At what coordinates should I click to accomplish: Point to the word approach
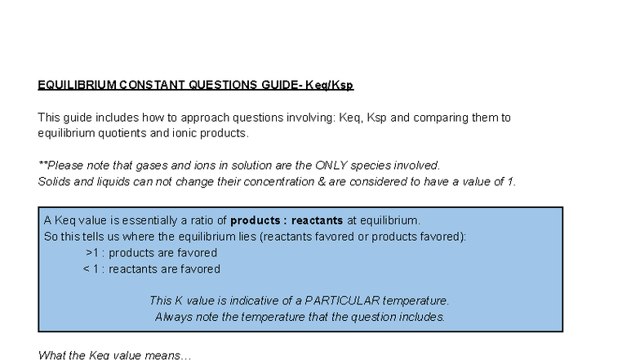pyautogui.click(x=182, y=118)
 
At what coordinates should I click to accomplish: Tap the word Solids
pyautogui.click(x=54, y=181)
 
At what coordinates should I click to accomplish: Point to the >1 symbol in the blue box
pyautogui.click(x=92, y=253)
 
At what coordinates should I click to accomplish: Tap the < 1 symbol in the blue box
pyautogui.click(x=91, y=269)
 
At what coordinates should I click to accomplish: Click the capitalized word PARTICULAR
pyautogui.click(x=343, y=300)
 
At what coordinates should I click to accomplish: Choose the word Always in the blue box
pyautogui.click(x=172, y=317)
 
